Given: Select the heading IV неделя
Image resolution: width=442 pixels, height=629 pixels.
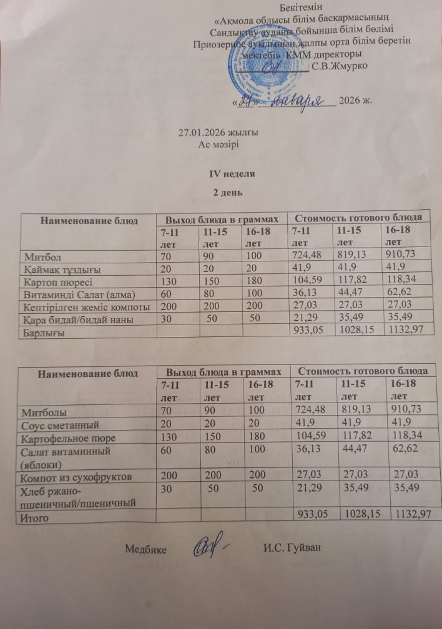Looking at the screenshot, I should pos(232,172).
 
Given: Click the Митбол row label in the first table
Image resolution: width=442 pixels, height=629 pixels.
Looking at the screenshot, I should pos(46,256).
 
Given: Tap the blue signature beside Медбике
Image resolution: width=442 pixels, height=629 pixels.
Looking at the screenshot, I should pos(209,547).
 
